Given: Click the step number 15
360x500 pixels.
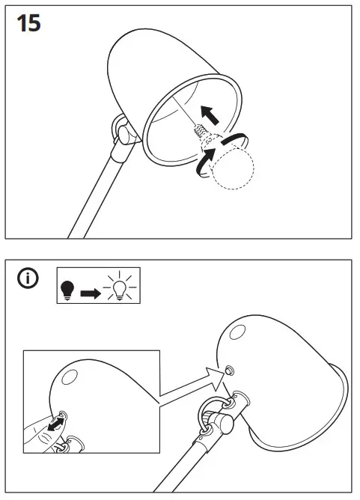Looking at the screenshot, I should (x=29, y=23).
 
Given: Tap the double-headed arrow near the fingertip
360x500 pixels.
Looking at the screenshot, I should (x=53, y=426).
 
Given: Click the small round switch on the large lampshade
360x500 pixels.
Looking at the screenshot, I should (x=229, y=371).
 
